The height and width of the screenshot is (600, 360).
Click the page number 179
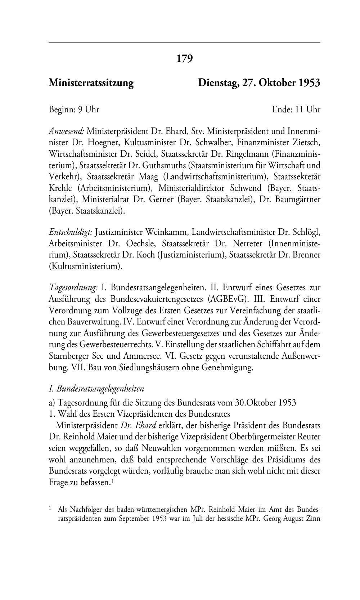coord(185,59)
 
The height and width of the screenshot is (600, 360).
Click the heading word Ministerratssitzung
coord(91,83)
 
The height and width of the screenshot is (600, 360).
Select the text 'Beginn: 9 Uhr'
coord(74,109)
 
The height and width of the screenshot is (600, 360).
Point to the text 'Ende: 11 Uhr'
coord(296,109)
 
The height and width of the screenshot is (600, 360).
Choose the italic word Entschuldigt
coord(71,232)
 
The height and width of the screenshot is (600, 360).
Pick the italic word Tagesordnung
coord(73,288)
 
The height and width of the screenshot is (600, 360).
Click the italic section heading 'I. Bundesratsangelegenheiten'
coord(96,389)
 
